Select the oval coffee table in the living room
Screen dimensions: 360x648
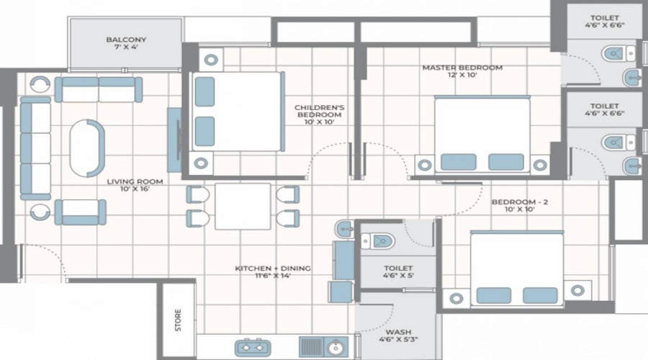point(87,148)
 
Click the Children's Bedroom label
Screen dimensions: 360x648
point(319,114)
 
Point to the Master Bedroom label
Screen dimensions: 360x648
point(462,72)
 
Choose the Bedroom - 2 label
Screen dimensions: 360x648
point(520,207)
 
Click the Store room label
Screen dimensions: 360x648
point(178,320)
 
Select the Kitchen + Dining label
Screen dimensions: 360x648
point(273,272)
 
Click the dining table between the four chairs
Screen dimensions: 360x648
point(243,206)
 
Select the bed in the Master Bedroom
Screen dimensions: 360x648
point(482,135)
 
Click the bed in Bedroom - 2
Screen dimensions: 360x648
point(517,269)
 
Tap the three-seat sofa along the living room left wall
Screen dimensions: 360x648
point(35,148)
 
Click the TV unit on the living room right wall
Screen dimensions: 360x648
point(174,140)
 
